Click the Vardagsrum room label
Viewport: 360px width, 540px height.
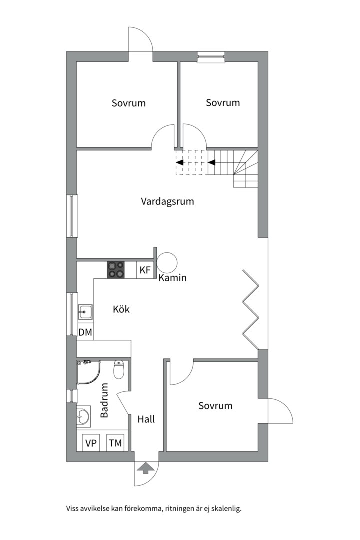point(167,202)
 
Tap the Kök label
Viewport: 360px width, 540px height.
point(121,309)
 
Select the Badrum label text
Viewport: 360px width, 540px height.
point(105,400)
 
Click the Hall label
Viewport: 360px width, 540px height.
point(146,419)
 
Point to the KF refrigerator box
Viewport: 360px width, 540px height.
point(145,270)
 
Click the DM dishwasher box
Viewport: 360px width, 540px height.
point(85,332)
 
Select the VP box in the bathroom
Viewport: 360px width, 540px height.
point(91,443)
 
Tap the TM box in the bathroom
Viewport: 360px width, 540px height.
point(115,443)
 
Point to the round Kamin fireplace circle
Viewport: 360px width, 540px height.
point(168,262)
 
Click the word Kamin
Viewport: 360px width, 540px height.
point(172,278)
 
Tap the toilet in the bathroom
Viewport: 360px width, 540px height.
point(119,370)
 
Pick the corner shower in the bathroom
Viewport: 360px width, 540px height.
point(88,372)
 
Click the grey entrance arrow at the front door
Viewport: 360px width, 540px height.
point(146,468)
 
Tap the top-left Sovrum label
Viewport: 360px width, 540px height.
point(129,103)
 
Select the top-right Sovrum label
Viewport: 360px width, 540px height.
point(223,102)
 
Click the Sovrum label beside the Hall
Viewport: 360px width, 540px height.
point(215,405)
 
